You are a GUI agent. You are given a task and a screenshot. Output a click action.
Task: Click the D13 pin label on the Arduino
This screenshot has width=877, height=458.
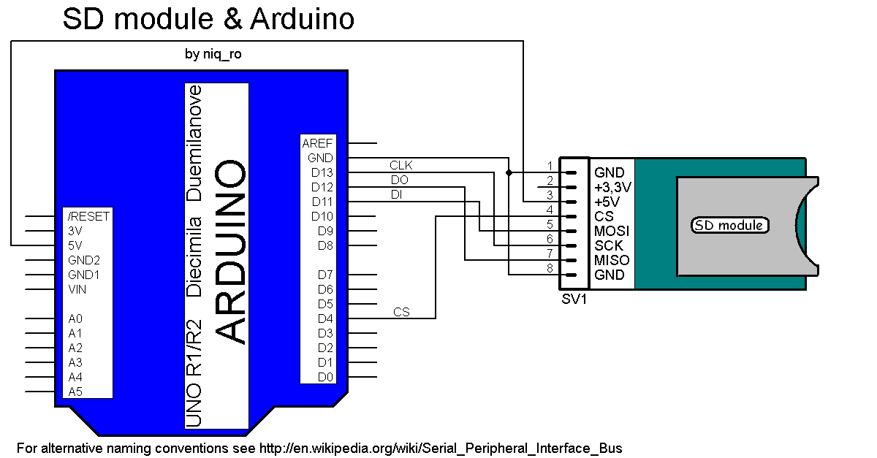coord(322,173)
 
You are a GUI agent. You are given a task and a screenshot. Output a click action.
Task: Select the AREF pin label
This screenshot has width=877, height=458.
coord(318,144)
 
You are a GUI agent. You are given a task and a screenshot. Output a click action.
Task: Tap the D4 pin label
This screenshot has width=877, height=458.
coord(325,318)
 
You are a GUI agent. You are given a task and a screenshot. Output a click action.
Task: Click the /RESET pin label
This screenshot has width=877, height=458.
coord(88,217)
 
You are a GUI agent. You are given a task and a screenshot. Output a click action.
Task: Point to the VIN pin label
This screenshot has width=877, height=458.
coord(77,289)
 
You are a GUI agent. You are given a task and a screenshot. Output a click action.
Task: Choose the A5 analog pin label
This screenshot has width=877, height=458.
coord(75,392)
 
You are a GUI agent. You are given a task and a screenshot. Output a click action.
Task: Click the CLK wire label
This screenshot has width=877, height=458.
coord(401,165)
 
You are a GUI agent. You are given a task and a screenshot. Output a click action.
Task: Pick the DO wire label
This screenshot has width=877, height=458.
coord(399,180)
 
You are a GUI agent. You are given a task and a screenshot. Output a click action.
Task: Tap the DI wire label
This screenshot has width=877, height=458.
coord(396,194)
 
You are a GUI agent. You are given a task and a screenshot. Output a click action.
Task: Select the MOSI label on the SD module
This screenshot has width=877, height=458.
coord(612,231)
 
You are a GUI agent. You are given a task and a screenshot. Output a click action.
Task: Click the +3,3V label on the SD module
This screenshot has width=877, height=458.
coord(612,187)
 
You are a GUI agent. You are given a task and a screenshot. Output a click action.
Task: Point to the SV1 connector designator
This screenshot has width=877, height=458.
coord(574,299)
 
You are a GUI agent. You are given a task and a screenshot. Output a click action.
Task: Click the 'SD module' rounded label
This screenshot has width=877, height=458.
coord(730,225)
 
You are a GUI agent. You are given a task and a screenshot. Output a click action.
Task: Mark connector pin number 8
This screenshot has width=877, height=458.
coord(550,267)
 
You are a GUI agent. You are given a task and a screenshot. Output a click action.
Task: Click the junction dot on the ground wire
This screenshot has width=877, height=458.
coord(509,173)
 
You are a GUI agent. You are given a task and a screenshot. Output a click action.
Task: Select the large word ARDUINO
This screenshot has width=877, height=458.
coord(232,252)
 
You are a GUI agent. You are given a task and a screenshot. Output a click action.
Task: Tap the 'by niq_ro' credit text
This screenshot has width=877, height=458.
coord(213,54)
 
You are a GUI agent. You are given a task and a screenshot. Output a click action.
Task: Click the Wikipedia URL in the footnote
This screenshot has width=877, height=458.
coord(441,448)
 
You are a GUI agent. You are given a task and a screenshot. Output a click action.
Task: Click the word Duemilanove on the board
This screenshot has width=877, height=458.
coord(194,143)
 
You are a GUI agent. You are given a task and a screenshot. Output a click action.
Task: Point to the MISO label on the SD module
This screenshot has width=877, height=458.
coord(612,260)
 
